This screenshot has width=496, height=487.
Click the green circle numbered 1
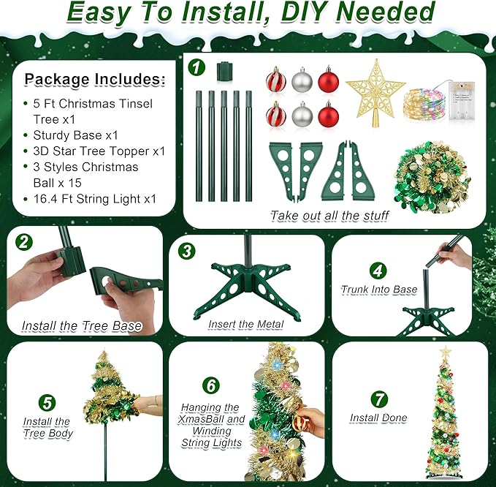196,67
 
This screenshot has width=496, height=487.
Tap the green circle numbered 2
26,242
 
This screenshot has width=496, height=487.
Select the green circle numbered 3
188,251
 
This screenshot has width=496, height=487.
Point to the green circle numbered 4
377,269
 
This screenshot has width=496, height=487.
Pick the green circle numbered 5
47,401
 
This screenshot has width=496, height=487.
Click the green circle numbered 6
211,384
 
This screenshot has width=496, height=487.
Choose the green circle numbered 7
378,399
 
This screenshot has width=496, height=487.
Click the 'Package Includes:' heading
95,79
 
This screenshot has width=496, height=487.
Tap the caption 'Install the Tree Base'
81,325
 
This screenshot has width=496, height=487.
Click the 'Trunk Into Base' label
378,290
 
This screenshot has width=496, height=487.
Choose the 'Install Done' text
378,418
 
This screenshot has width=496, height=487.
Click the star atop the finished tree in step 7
446,352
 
